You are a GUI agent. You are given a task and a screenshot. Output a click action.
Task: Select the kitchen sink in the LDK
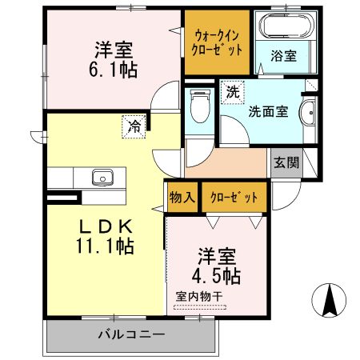(x=102, y=177)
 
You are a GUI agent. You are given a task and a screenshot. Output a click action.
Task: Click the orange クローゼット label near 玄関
(x=234, y=197)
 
